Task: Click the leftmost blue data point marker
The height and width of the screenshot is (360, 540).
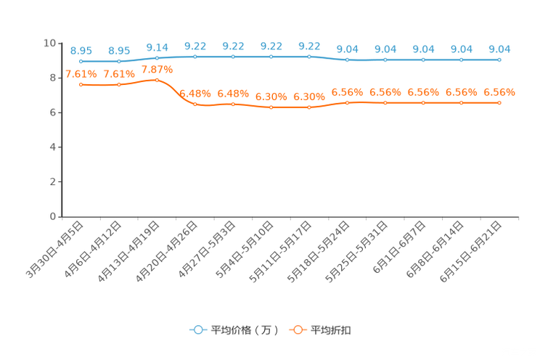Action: tap(81, 61)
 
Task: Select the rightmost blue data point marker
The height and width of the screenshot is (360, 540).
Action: tap(499, 60)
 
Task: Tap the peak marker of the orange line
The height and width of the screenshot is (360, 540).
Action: tap(157, 79)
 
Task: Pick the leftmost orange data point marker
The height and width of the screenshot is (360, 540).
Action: tap(81, 84)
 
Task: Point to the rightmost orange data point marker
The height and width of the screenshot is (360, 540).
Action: tap(499, 103)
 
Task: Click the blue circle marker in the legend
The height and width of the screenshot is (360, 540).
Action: tap(197, 330)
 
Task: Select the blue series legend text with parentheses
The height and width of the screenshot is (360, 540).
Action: tap(244, 330)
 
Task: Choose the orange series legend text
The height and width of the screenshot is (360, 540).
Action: tap(332, 330)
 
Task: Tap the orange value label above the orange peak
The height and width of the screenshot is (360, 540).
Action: tap(157, 69)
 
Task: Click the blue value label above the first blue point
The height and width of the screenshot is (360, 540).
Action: tap(81, 50)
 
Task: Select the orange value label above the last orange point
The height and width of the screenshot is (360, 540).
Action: tap(499, 92)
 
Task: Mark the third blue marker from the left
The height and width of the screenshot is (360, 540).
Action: tap(157, 57)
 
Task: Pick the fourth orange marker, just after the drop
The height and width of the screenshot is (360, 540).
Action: tap(195, 105)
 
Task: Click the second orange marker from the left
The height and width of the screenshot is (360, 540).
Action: tap(119, 84)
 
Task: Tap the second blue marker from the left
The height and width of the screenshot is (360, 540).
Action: tap(119, 61)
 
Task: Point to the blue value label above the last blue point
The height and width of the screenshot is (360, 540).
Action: tap(499, 49)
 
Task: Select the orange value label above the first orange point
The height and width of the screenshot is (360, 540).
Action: tap(81, 73)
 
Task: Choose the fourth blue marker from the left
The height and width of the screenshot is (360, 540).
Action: tap(195, 56)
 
